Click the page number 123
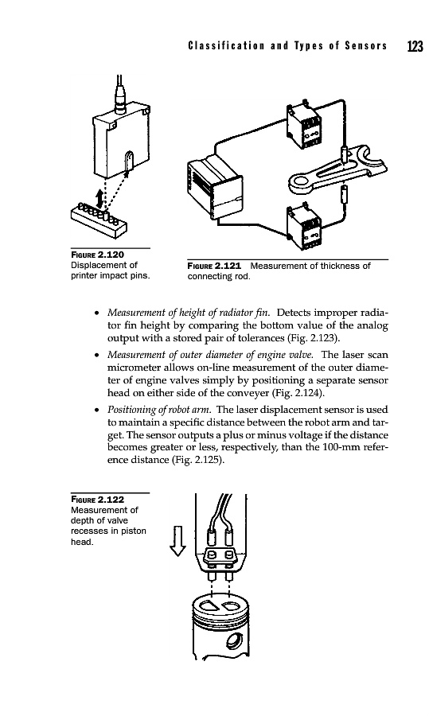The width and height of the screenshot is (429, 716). point(415,46)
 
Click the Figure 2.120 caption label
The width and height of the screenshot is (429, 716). point(97,255)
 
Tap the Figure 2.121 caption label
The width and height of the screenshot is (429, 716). point(214,266)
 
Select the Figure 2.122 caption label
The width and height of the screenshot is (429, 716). point(97,500)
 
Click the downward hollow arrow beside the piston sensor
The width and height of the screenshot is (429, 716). point(177,541)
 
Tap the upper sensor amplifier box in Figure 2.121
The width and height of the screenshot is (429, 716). point(304,125)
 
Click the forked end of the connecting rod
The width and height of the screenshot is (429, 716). point(369,159)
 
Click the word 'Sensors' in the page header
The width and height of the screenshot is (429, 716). point(366,46)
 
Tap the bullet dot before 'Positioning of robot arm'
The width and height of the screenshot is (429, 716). point(97,410)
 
